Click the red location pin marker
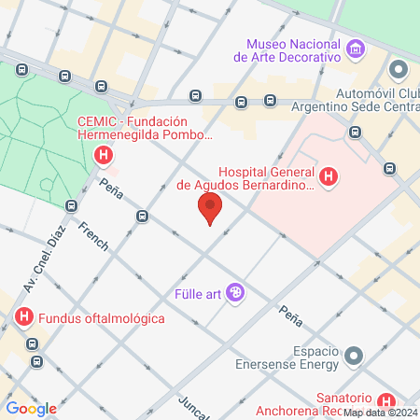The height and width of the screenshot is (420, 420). [210, 207]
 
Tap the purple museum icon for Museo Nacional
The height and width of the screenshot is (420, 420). [354, 49]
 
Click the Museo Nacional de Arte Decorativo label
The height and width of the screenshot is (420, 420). [292, 50]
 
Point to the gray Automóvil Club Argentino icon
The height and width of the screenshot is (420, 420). [399, 70]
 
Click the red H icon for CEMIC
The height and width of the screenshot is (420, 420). [105, 155]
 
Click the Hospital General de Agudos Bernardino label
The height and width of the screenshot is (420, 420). [245, 178]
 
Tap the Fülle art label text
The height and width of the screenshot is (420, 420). [194, 295]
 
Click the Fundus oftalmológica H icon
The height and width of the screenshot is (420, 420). [24, 318]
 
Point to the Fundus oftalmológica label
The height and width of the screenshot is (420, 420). [101, 318]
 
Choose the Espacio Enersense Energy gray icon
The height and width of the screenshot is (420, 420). [354, 356]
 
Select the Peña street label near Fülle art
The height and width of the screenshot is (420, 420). [290, 315]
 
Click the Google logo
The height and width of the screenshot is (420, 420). [32, 408]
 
